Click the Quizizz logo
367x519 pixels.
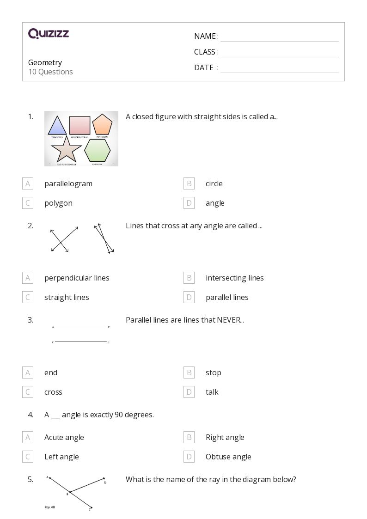(x=49, y=33)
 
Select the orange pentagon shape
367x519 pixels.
(x=102, y=125)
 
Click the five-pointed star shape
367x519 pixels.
(x=66, y=149)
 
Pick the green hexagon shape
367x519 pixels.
(x=97, y=150)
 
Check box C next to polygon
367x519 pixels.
(x=28, y=203)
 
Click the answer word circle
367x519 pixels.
(x=214, y=183)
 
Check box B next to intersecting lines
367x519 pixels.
(x=189, y=278)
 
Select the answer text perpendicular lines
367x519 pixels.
(x=77, y=278)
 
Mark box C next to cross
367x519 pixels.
(x=28, y=392)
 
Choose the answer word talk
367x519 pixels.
(x=212, y=392)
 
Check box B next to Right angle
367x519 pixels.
(x=189, y=437)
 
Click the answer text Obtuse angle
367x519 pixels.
(x=228, y=457)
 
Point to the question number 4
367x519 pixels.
(x=31, y=415)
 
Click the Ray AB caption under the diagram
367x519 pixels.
(x=50, y=507)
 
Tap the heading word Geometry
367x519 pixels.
(x=45, y=62)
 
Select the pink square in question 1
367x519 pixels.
(x=80, y=125)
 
